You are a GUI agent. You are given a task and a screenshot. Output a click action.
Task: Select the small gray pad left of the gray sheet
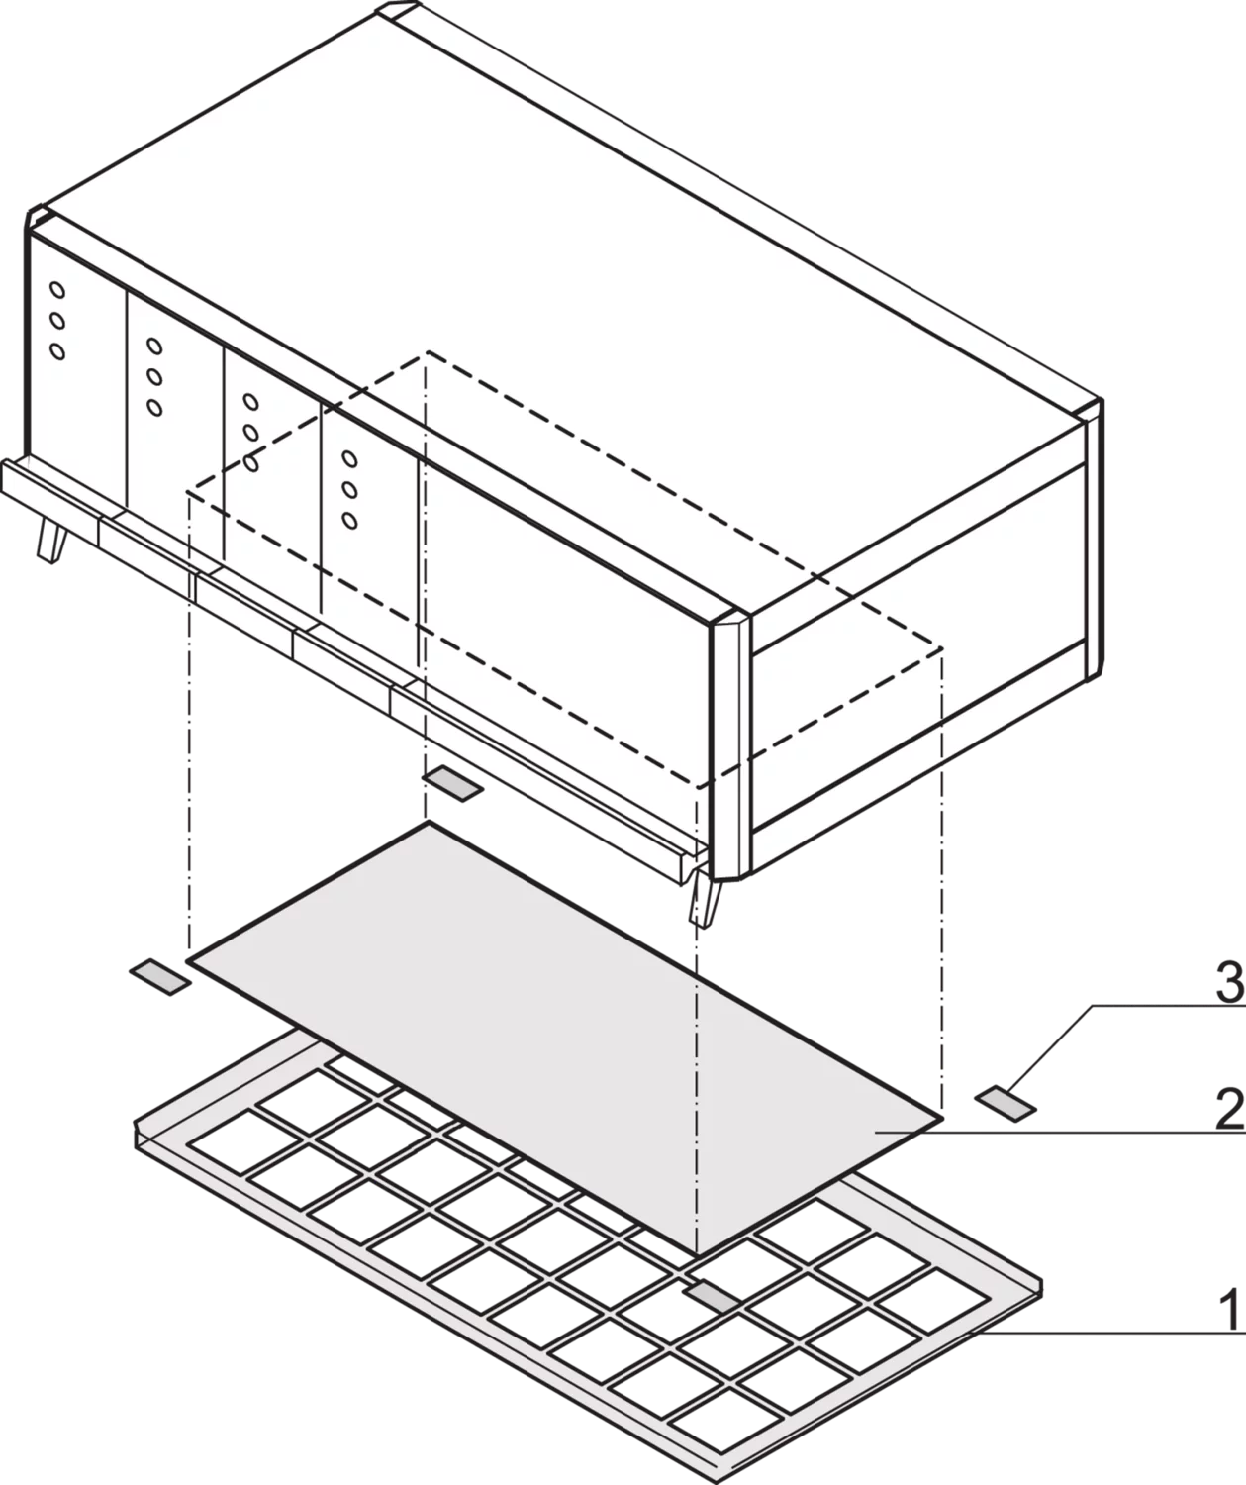[159, 977]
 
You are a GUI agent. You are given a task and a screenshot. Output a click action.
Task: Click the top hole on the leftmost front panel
[56, 290]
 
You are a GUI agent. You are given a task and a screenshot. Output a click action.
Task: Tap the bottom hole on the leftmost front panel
[57, 351]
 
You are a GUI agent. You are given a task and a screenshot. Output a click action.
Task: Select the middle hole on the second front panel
[154, 377]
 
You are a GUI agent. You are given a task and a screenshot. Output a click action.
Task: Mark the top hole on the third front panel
[250, 402]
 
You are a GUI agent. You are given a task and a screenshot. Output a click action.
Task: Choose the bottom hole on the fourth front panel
[349, 520]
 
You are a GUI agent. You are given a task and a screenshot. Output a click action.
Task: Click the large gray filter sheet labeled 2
[566, 1039]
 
